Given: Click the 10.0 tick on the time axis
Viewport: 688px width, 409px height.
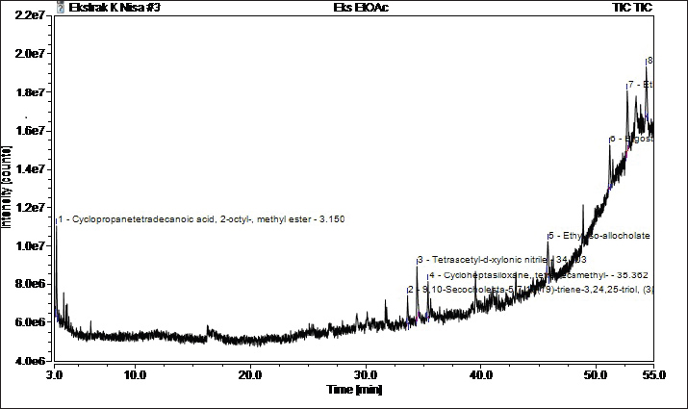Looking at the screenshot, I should coord(135,374).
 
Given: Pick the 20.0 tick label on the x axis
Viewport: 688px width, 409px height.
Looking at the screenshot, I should coord(250,374).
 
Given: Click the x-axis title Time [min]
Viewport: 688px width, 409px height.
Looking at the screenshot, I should coord(355,390).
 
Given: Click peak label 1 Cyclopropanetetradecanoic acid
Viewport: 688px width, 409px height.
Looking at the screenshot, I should coord(201,219).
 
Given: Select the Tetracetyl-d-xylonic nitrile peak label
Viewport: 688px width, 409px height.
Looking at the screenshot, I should coord(500,260).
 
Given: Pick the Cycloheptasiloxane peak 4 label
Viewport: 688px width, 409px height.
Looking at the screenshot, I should coord(531,275).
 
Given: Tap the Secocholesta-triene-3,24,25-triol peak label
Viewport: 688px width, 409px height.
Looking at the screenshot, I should coord(529,290).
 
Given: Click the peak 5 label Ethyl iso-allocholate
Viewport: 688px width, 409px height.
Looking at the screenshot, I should coord(599,236).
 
